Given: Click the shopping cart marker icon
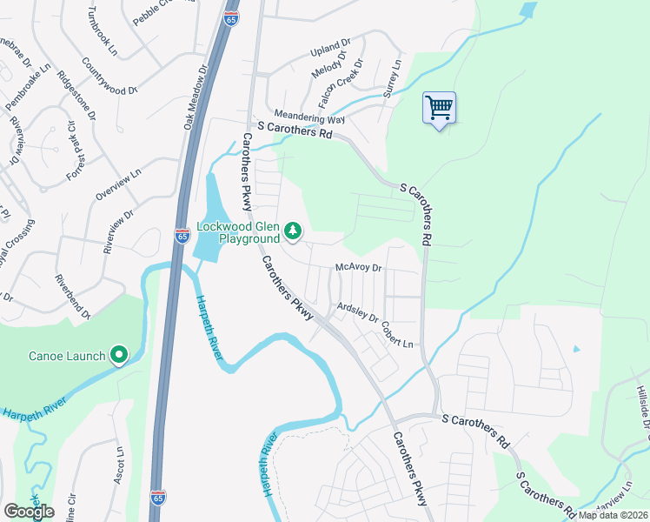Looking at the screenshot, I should [x=440, y=109].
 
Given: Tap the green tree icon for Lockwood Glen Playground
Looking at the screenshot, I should [x=294, y=231].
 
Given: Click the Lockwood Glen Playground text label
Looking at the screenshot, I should [x=238, y=232].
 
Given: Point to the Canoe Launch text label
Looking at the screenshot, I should [x=67, y=356].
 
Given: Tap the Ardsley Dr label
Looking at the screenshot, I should [x=357, y=311].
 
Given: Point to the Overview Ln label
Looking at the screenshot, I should [x=116, y=186].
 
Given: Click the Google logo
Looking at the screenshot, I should [x=29, y=512].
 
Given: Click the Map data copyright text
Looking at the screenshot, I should [x=611, y=515].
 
